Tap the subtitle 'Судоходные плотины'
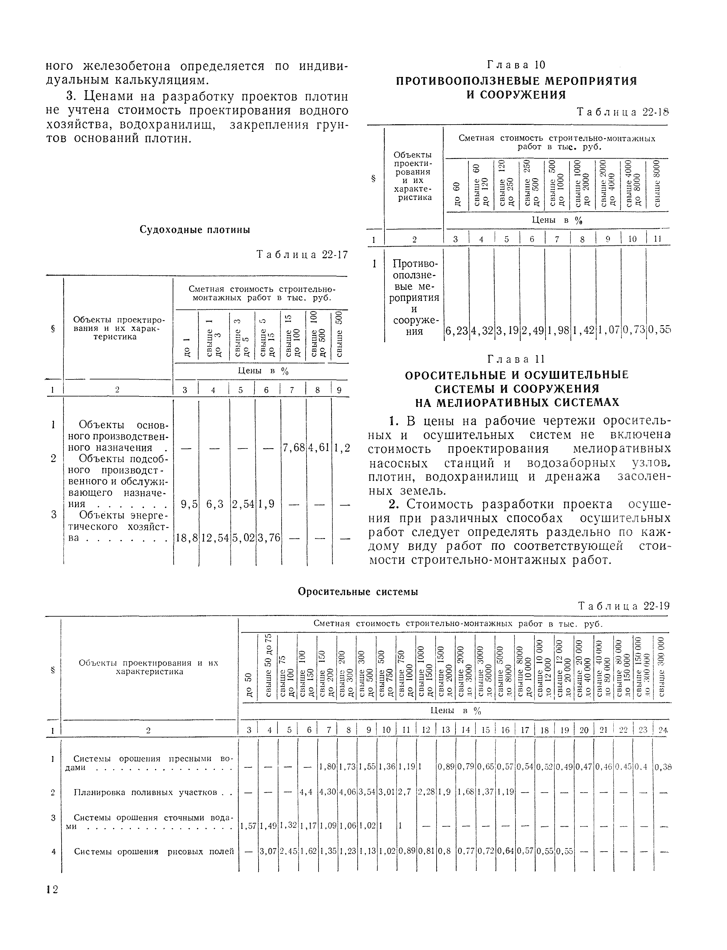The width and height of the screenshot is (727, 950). pyautogui.click(x=195, y=230)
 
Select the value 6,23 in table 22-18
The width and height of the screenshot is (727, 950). pyautogui.click(x=456, y=331)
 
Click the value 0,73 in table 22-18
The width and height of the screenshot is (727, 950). pyautogui.click(x=634, y=331)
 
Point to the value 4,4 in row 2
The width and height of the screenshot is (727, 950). pyautogui.click(x=307, y=793)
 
